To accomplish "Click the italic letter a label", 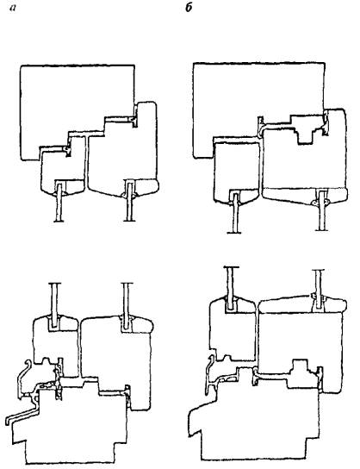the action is tap(13, 8).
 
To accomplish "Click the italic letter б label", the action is tap(189, 8).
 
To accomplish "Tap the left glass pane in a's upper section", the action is tap(59, 203).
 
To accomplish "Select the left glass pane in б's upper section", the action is tap(234, 213).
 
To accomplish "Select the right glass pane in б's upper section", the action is tap(322, 210).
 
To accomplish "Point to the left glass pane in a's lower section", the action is tap(53, 304).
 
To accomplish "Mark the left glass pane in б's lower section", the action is tap(232, 287).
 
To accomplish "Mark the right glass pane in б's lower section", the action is tap(319, 290).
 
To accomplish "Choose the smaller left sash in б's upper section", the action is tap(236, 171).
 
